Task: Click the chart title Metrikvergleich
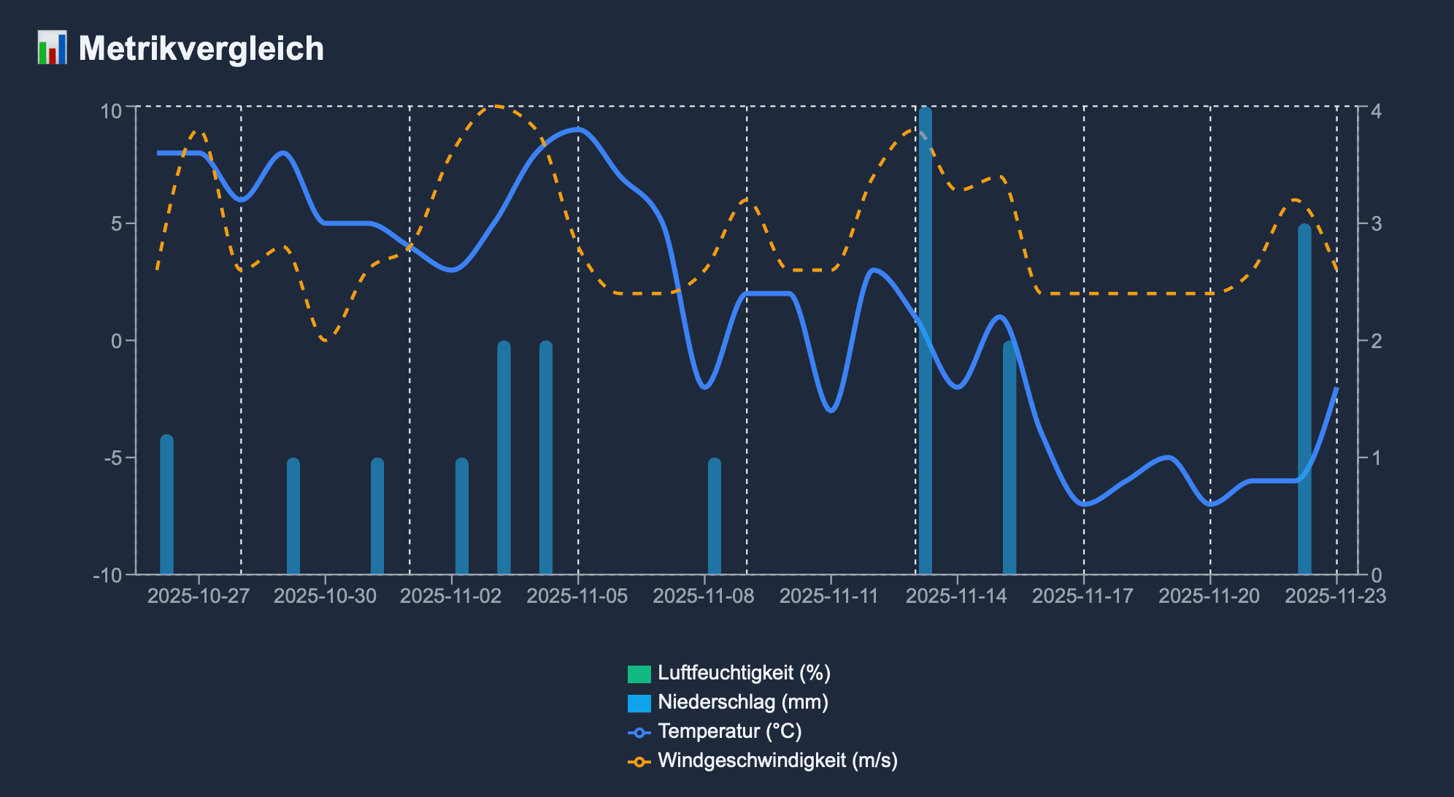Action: pos(201,49)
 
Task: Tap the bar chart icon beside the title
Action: pos(52,48)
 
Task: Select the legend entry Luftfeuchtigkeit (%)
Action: pos(744,673)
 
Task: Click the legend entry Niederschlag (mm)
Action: pos(742,702)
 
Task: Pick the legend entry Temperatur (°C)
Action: pos(729,731)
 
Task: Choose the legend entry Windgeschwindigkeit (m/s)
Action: pos(777,761)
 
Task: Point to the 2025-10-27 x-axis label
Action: pos(199,596)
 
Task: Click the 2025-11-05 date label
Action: pos(577,596)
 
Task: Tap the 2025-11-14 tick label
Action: pos(956,596)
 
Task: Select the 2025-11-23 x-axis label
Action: pos(1335,596)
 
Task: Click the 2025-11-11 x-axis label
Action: pos(830,596)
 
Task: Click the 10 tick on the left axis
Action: pos(111,111)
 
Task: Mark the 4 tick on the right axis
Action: pos(1376,111)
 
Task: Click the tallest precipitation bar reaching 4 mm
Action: pos(926,343)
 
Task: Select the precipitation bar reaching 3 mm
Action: pos(1304,401)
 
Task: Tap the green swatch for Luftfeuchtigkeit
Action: pos(639,674)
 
